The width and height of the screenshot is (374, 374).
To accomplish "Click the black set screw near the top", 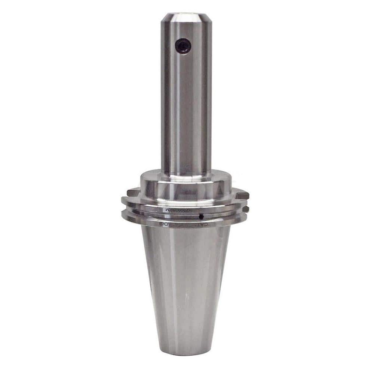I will point(183,46).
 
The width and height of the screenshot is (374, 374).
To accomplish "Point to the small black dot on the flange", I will point(201,217).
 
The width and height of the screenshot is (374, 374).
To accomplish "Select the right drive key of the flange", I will point(242,194).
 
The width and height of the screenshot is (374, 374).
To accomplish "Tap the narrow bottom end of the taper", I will point(186,350).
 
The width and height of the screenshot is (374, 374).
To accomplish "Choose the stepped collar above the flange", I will point(186,187).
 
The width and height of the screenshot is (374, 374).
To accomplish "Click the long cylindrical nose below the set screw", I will point(186,112).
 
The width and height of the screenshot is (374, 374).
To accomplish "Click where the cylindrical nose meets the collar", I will point(186,173).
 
